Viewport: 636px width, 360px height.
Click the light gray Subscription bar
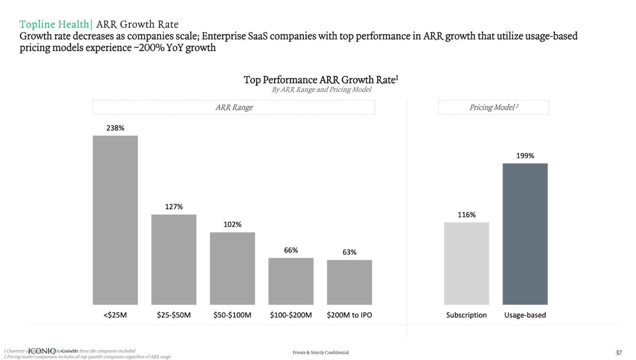pos(466,263)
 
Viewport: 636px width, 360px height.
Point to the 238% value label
pos(115,128)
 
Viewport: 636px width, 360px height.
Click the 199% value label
pos(525,156)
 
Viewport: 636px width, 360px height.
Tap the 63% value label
pos(349,252)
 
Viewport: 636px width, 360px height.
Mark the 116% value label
pos(466,215)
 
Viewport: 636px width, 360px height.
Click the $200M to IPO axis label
pos(349,315)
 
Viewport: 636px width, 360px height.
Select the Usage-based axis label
pos(525,315)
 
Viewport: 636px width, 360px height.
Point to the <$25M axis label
pos(115,315)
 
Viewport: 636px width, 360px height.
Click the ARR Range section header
pos(234,107)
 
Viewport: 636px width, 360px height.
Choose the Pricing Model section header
pos(493,107)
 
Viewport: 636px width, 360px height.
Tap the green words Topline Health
pos(54,24)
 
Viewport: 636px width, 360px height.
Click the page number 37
pos(619,353)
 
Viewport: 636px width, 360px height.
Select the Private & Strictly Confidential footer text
pos(320,352)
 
